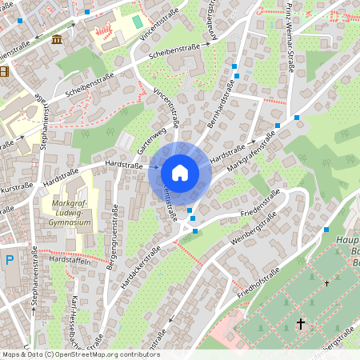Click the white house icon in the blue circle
pos(180,172)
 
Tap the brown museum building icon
pos(56,39)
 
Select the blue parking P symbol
pos(9,259)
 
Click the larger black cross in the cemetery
pos(301,324)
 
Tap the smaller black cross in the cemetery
pos(327,283)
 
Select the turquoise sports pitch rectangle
pos(137,21)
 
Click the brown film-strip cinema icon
pos(4,71)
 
